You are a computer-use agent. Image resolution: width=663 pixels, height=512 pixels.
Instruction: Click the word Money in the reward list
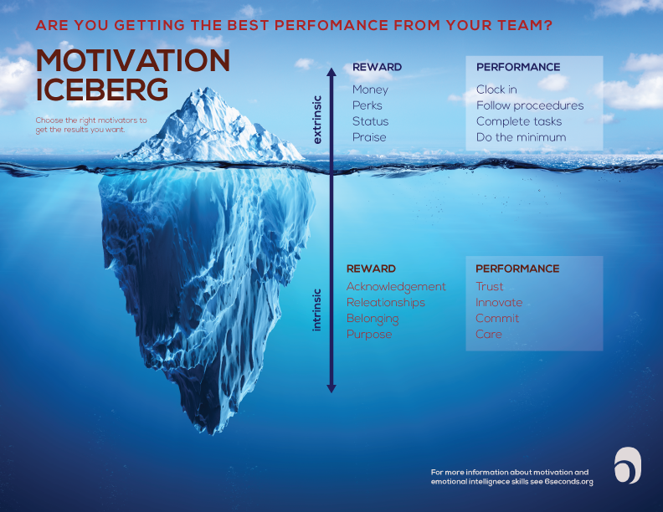[370, 90]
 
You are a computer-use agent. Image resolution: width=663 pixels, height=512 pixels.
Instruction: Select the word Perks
[367, 105]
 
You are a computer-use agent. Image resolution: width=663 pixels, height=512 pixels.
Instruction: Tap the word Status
[370, 121]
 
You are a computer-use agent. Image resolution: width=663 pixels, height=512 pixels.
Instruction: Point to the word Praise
[369, 137]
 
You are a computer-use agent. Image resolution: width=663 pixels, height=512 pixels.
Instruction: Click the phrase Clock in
[496, 90]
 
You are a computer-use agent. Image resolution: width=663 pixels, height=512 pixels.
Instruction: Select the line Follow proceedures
[530, 105]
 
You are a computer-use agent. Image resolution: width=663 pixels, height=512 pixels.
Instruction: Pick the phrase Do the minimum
[521, 137]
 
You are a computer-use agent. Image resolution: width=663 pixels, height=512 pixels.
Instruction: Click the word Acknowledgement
[396, 287]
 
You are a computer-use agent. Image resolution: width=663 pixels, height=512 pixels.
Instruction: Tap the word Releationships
[386, 303]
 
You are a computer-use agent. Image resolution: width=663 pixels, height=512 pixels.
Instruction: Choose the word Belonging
[373, 319]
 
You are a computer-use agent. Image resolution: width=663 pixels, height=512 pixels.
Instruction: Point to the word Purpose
[369, 335]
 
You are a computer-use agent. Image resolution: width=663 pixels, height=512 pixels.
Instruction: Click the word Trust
[490, 287]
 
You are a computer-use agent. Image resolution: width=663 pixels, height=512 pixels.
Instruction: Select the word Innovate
[499, 303]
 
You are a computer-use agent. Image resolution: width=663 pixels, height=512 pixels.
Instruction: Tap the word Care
[489, 335]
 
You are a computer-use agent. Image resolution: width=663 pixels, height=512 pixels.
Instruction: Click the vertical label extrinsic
[316, 121]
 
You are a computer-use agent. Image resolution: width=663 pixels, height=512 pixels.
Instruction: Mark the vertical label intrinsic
[316, 310]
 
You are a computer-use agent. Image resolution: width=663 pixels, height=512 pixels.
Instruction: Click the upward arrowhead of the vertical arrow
[331, 74]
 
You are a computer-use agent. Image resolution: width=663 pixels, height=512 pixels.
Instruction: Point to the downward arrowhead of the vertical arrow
[331, 387]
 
